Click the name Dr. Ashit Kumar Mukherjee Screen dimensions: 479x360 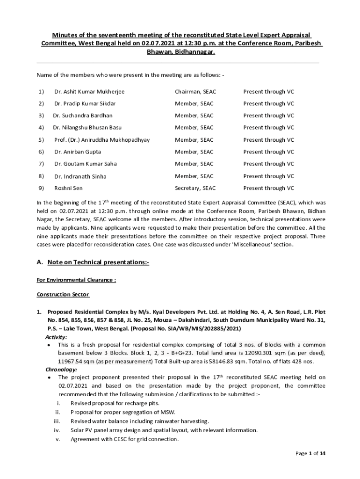(89, 92)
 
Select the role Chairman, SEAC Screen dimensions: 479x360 (195, 92)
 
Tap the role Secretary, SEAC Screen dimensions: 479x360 (195, 188)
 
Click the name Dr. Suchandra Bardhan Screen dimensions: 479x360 (83, 116)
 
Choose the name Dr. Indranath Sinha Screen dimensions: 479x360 (80, 176)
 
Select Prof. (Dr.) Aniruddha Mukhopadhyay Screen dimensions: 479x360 (102, 140)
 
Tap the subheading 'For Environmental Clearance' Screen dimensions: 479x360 (76, 280)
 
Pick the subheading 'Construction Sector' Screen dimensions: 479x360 (63, 295)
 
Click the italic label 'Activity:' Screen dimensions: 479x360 (56, 337)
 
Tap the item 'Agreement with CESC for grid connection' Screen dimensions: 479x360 (124, 439)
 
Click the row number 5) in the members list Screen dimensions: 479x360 (41, 140)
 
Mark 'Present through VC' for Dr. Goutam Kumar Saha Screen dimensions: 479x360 (268, 164)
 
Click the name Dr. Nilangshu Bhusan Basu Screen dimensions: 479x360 (87, 128)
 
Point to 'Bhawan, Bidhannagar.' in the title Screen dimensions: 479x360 (181, 53)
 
